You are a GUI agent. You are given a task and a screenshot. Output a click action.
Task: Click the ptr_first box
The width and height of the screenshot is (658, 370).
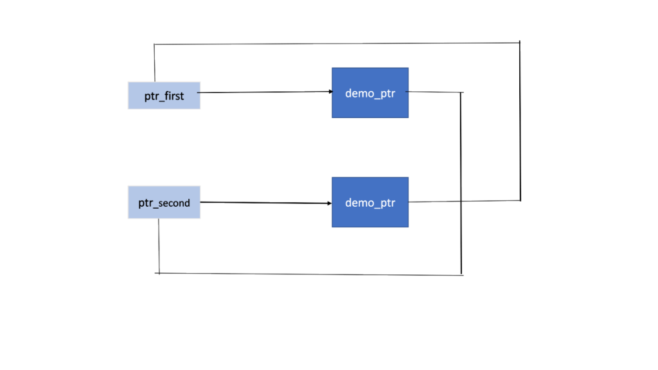click(x=164, y=96)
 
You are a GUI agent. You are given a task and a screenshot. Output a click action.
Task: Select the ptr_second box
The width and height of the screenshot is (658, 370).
click(x=164, y=203)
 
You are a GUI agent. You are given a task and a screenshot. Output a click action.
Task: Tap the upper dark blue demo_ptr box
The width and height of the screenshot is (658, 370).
click(x=369, y=93)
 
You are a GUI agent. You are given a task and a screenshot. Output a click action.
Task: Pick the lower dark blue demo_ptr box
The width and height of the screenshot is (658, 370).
click(x=369, y=202)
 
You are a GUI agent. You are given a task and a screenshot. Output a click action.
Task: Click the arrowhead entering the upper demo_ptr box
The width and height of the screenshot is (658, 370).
click(x=328, y=92)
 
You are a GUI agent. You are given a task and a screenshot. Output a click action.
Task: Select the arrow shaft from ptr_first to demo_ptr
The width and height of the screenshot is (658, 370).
click(x=263, y=92)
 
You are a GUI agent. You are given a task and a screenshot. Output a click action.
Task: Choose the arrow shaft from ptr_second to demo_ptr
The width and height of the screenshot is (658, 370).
click(x=263, y=203)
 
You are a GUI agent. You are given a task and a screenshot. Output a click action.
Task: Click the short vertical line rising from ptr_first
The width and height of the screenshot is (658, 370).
click(x=155, y=63)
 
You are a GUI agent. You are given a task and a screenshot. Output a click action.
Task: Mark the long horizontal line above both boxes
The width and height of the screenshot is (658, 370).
click(x=334, y=44)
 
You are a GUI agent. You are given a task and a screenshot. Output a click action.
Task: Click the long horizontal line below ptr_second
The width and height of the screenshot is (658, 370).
click(x=308, y=274)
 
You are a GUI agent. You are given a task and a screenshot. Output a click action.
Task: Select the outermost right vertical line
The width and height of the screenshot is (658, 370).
click(x=520, y=122)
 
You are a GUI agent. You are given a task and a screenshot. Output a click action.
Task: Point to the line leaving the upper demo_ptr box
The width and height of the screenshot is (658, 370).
click(x=434, y=92)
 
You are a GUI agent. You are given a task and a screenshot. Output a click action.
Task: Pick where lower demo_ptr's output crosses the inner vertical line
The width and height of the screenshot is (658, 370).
click(x=461, y=202)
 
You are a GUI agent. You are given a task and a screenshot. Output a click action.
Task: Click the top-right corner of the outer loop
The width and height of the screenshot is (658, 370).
click(x=519, y=42)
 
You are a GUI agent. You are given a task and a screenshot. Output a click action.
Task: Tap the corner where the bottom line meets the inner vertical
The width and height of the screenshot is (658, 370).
click(x=461, y=275)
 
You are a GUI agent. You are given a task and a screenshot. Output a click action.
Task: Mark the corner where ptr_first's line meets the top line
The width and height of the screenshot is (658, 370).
click(x=155, y=44)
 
